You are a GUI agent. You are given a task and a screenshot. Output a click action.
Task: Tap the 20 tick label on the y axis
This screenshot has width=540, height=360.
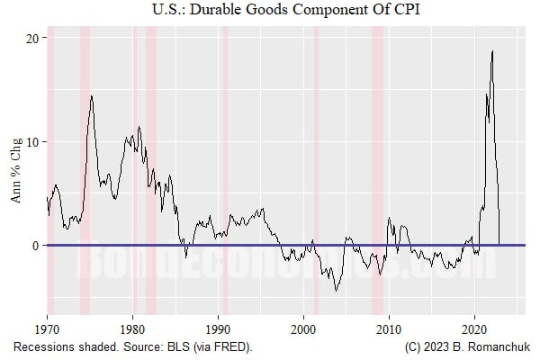(x=32, y=38)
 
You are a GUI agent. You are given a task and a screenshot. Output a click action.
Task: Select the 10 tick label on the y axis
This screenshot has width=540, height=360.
(x=32, y=142)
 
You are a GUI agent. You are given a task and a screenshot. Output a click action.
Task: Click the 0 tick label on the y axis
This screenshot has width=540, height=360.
(x=36, y=246)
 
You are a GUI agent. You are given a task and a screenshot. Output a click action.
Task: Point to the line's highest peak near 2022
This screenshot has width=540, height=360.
(x=492, y=51)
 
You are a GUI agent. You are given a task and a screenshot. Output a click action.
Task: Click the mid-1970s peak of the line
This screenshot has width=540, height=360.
(x=91, y=96)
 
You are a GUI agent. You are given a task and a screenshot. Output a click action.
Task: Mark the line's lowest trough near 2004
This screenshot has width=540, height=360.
(x=336, y=290)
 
